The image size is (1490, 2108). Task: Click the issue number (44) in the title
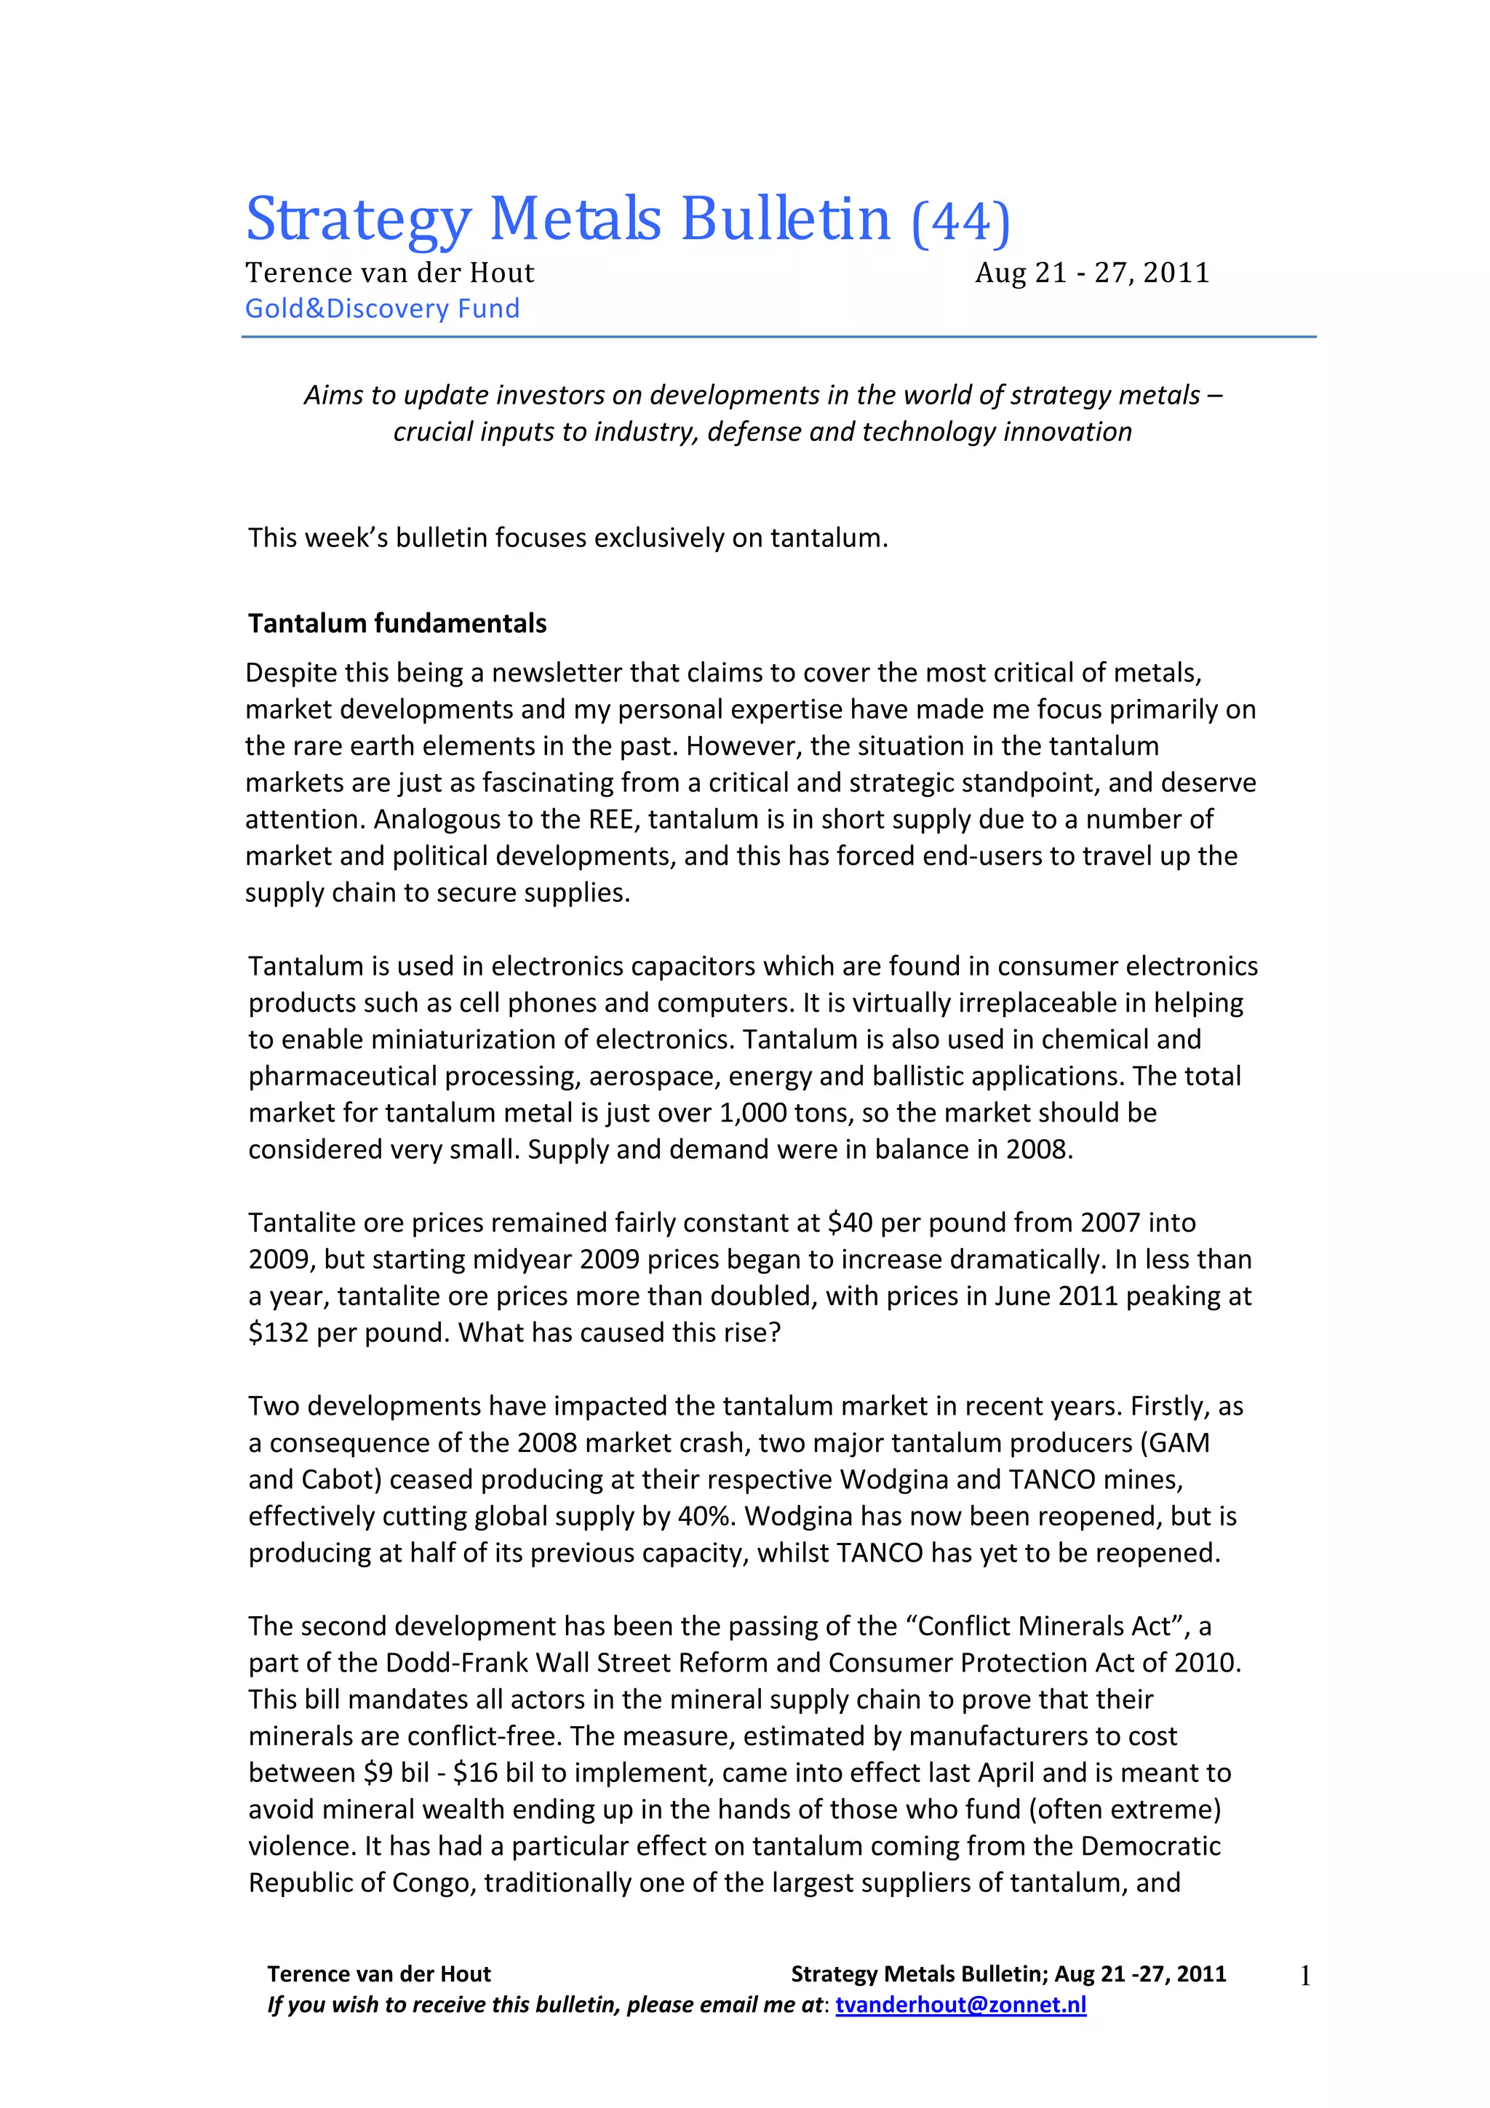click(x=960, y=221)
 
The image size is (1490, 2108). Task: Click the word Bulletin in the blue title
click(x=785, y=220)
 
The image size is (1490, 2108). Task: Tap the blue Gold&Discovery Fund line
click(x=382, y=308)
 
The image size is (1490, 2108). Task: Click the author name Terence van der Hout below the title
click(x=389, y=273)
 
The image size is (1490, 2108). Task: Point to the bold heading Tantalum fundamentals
click(x=397, y=623)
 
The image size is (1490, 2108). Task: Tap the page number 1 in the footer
click(x=1304, y=1977)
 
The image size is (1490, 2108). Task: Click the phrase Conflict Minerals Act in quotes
click(x=1045, y=1626)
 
